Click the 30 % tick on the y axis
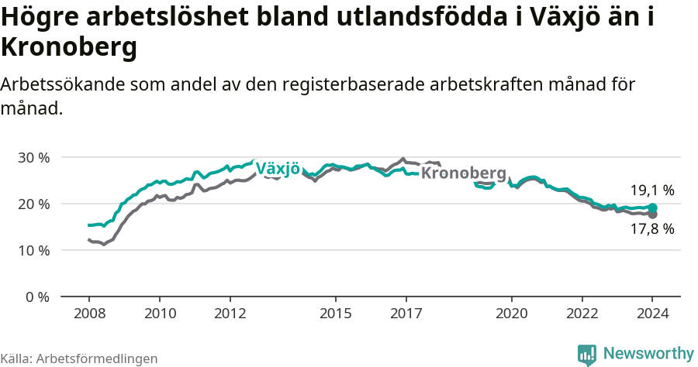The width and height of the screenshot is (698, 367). point(34,157)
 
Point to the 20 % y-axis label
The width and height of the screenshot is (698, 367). point(34,204)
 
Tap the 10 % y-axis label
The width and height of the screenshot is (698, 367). point(34,250)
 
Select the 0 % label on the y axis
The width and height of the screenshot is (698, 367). point(37,297)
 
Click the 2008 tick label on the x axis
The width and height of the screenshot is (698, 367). point(89,314)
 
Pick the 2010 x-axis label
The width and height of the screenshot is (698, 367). point(160,314)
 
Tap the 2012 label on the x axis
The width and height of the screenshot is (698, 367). point(230,314)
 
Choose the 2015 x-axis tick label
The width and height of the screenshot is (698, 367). point(336,314)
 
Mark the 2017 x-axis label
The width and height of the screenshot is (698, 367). point(406,314)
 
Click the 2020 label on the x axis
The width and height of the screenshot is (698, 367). point(512,314)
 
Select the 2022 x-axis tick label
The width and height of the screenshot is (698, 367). point(582,314)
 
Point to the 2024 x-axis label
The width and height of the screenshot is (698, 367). point(653,314)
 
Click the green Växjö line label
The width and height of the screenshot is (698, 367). point(277,169)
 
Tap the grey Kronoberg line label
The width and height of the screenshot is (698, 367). point(463,173)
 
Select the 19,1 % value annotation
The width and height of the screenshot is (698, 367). point(651,190)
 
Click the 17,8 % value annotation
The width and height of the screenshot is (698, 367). point(651,228)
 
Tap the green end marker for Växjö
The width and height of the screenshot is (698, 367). point(653,208)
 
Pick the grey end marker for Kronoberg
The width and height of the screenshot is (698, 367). point(653,214)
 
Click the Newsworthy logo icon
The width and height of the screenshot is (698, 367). point(587,354)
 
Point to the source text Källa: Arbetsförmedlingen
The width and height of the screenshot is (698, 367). point(79,358)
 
